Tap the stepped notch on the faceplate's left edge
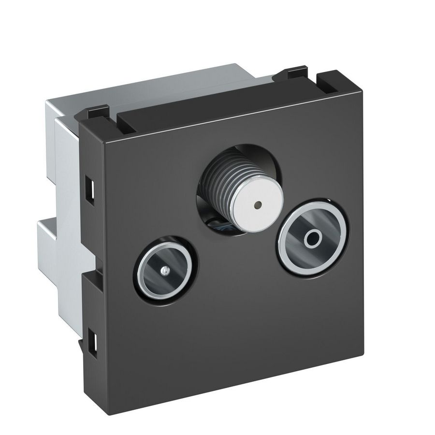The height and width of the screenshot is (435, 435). pos(85,276)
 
